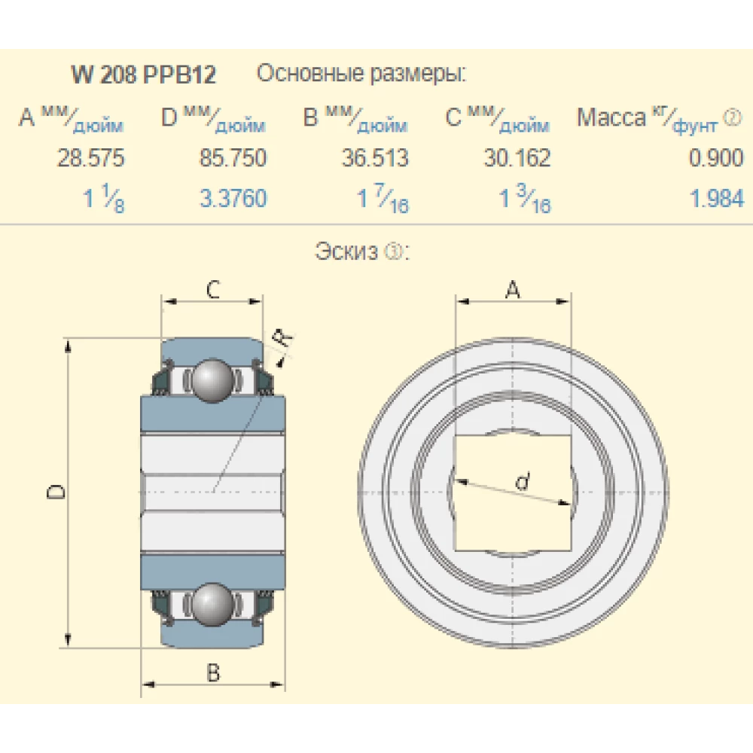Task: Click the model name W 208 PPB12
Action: pyautogui.click(x=144, y=75)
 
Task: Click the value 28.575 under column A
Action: pyautogui.click(x=91, y=158)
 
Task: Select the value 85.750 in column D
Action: pyautogui.click(x=233, y=158)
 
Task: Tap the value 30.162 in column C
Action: pyautogui.click(x=517, y=158)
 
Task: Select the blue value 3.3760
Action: pyautogui.click(x=233, y=200)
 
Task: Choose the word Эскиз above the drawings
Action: pyautogui.click(x=346, y=252)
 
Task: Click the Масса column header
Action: pyautogui.click(x=611, y=118)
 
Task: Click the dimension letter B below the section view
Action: pyautogui.click(x=213, y=672)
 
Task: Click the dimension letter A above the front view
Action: pyautogui.click(x=512, y=289)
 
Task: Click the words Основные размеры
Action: pyautogui.click(x=361, y=75)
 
